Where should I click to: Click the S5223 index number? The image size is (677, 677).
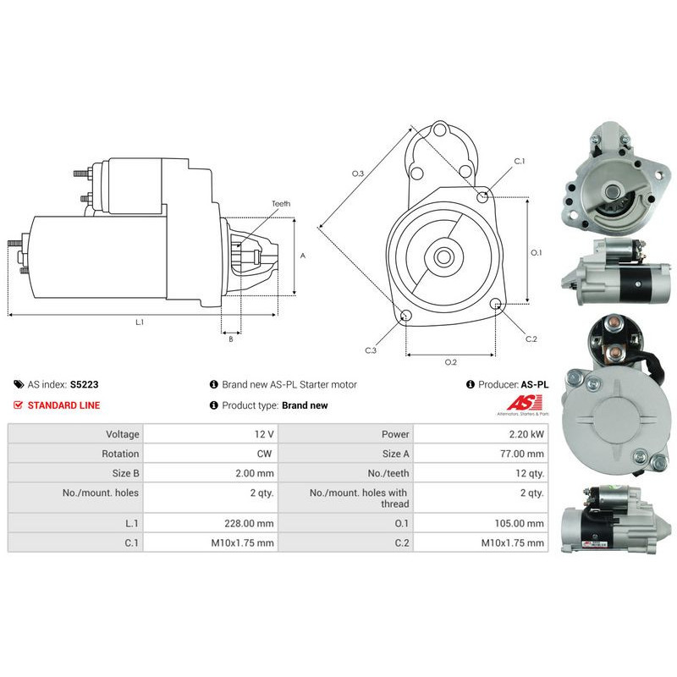click(84, 384)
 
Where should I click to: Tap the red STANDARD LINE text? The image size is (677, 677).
click(63, 405)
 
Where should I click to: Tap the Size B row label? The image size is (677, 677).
click(125, 473)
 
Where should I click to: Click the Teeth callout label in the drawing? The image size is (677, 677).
click(281, 203)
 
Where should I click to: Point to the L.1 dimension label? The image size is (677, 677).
click(140, 322)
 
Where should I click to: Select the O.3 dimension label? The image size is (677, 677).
click(358, 173)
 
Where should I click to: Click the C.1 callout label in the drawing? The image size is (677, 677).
click(520, 161)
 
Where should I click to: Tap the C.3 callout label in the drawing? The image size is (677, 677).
click(371, 350)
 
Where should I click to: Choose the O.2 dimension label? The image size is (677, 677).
click(451, 362)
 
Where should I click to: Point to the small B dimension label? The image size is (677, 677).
click(231, 339)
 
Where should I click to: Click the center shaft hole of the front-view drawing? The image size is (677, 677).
click(443, 257)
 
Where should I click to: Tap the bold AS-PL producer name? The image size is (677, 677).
click(535, 384)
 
